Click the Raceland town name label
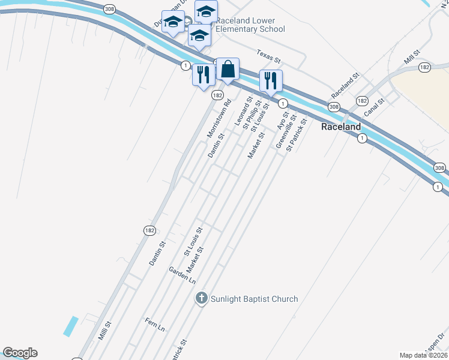click(x=340, y=127)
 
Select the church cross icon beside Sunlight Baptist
click(x=202, y=298)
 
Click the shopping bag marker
click(x=228, y=70)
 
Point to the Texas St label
click(x=268, y=56)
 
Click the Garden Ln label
click(x=182, y=275)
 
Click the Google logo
click(x=20, y=353)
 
